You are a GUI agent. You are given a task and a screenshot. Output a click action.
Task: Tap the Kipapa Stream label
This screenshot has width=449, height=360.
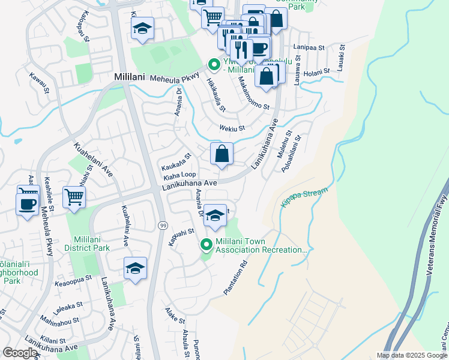point(304,199)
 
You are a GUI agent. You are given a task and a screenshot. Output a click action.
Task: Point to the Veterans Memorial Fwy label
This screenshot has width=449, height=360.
point(437,235)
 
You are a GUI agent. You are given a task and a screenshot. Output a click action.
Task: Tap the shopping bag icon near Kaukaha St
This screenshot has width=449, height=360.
point(221,154)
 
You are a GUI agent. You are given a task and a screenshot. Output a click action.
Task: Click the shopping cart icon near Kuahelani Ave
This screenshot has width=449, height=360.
point(74,196)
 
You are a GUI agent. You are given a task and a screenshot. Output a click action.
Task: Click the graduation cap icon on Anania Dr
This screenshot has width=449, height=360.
point(214,216)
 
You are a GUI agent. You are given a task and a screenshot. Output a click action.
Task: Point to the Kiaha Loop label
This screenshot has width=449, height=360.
point(179,175)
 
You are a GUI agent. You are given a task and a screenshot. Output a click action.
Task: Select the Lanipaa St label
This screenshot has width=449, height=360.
point(309,46)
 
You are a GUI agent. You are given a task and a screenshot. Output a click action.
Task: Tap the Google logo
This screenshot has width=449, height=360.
point(20,353)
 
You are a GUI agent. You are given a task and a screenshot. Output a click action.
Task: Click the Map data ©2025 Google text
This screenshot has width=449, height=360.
point(412,355)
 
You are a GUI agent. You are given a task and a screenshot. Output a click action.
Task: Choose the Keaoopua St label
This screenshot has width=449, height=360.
point(73,278)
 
